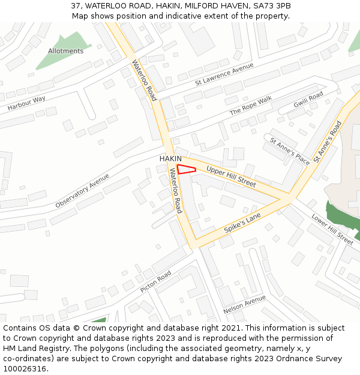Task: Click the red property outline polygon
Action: pyautogui.click(x=186, y=169)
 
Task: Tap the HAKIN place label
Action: pyautogui.click(x=170, y=158)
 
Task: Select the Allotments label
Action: pyautogui.click(x=65, y=51)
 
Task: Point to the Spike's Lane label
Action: pyautogui.click(x=242, y=223)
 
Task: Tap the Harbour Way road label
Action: pyautogui.click(x=26, y=103)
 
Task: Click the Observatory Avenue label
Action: pyautogui.click(x=82, y=191)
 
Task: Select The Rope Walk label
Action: pyautogui.click(x=250, y=106)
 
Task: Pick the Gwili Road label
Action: pyautogui.click(x=308, y=100)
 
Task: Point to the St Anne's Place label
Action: pyautogui.click(x=290, y=151)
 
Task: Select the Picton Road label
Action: pyautogui.click(x=155, y=281)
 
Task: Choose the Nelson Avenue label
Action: pyautogui.click(x=244, y=305)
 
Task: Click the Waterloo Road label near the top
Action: pyautogui.click(x=143, y=80)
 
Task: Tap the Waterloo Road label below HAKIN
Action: pyautogui.click(x=175, y=190)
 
